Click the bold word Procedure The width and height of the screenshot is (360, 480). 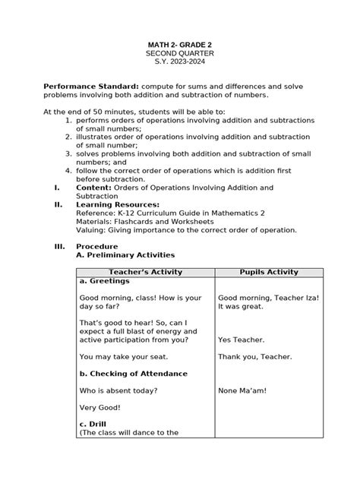[96, 246]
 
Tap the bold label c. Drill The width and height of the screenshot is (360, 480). [95, 425]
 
